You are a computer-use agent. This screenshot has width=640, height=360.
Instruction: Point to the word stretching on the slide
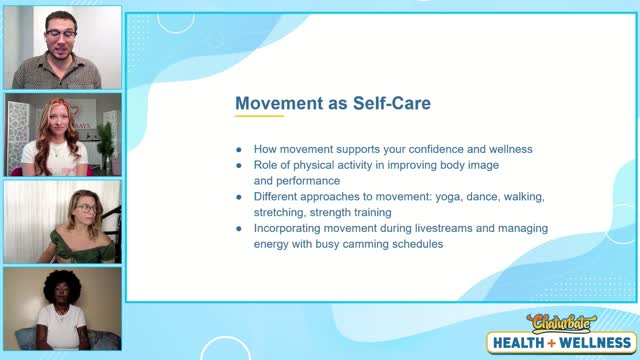click(282, 211)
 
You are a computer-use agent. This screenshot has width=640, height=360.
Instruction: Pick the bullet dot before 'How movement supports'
click(239, 149)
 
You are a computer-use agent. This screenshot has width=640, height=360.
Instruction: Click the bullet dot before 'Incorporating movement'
click(239, 228)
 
